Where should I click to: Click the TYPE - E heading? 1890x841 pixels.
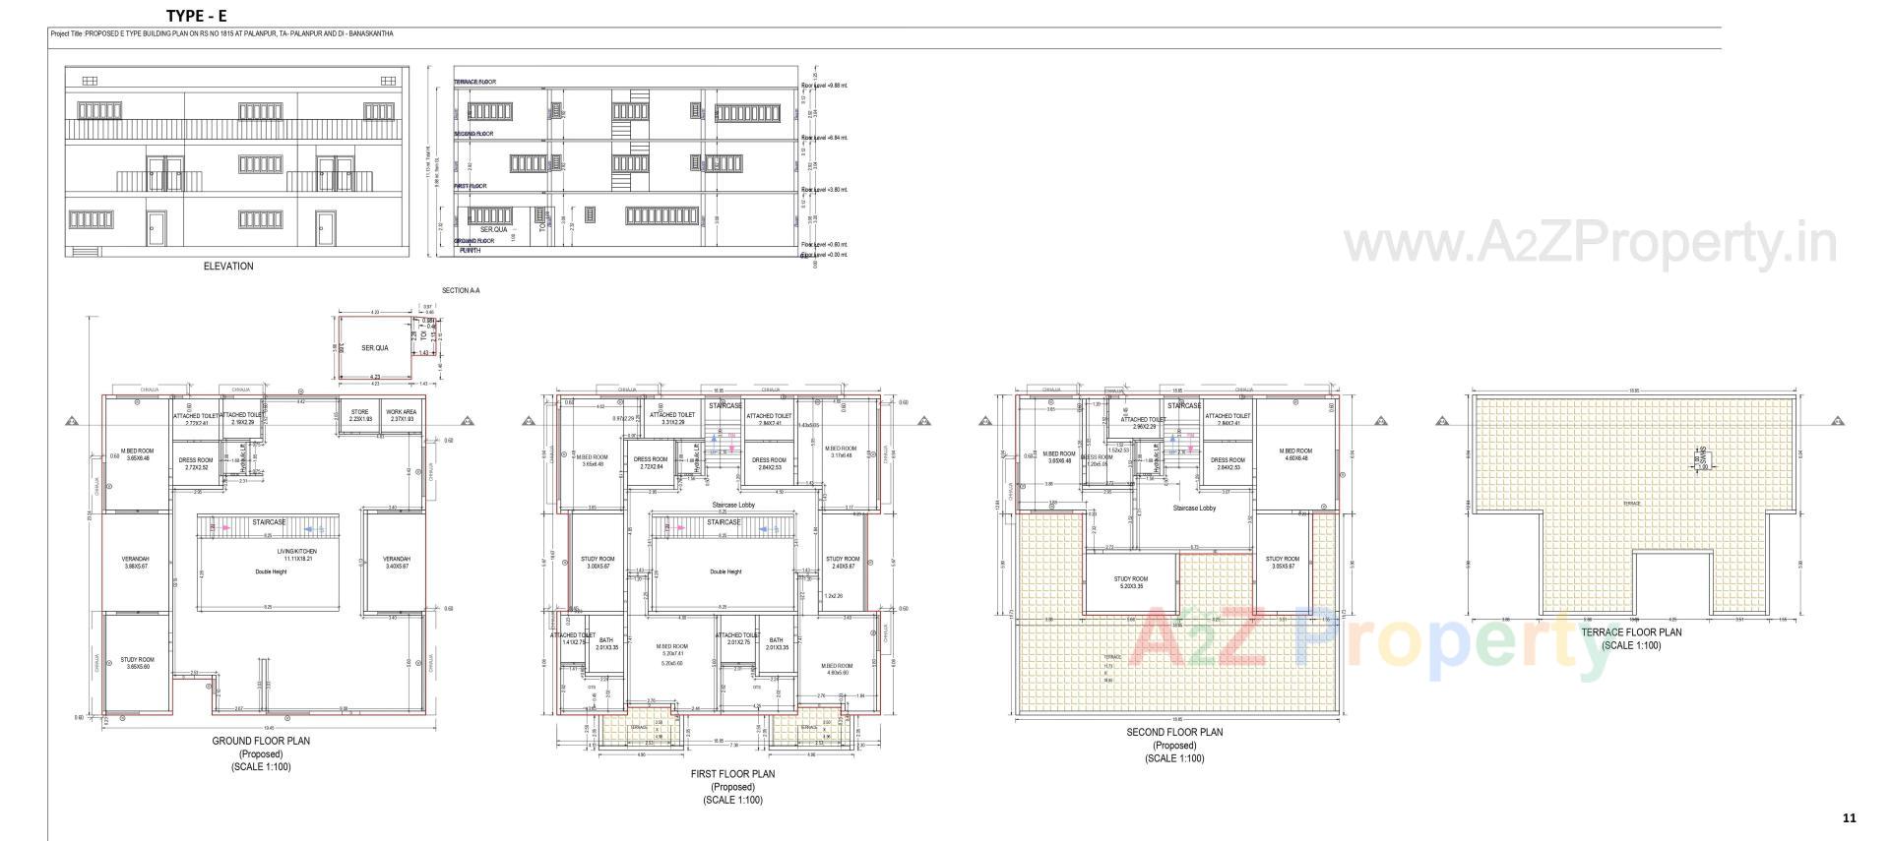pyautogui.click(x=197, y=16)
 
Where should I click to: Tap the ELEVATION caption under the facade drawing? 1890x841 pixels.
pyautogui.click(x=228, y=267)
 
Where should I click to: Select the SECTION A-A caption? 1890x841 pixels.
pyautogui.click(x=461, y=291)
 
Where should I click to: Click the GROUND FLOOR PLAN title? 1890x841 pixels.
pyautogui.click(x=261, y=741)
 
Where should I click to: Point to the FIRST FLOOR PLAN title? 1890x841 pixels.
pyautogui.click(x=732, y=774)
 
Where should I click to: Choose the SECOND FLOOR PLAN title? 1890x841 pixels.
pyautogui.click(x=1174, y=733)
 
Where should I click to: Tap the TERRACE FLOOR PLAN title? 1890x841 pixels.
pyautogui.click(x=1631, y=632)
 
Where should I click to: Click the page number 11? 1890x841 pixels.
pyautogui.click(x=1849, y=817)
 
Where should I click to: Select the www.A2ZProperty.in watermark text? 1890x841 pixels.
pyautogui.click(x=1590, y=243)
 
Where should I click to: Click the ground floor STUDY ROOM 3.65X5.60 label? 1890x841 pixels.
pyautogui.click(x=138, y=663)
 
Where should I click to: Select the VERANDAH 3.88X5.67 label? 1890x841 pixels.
pyautogui.click(x=136, y=563)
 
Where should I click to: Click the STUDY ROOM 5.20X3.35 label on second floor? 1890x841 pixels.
pyautogui.click(x=1130, y=582)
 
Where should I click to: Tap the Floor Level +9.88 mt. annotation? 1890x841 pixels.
pyautogui.click(x=825, y=86)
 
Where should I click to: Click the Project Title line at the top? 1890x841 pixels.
pyautogui.click(x=221, y=33)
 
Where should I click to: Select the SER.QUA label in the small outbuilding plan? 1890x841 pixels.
pyautogui.click(x=375, y=348)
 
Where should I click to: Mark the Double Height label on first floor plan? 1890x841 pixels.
pyautogui.click(x=724, y=571)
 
